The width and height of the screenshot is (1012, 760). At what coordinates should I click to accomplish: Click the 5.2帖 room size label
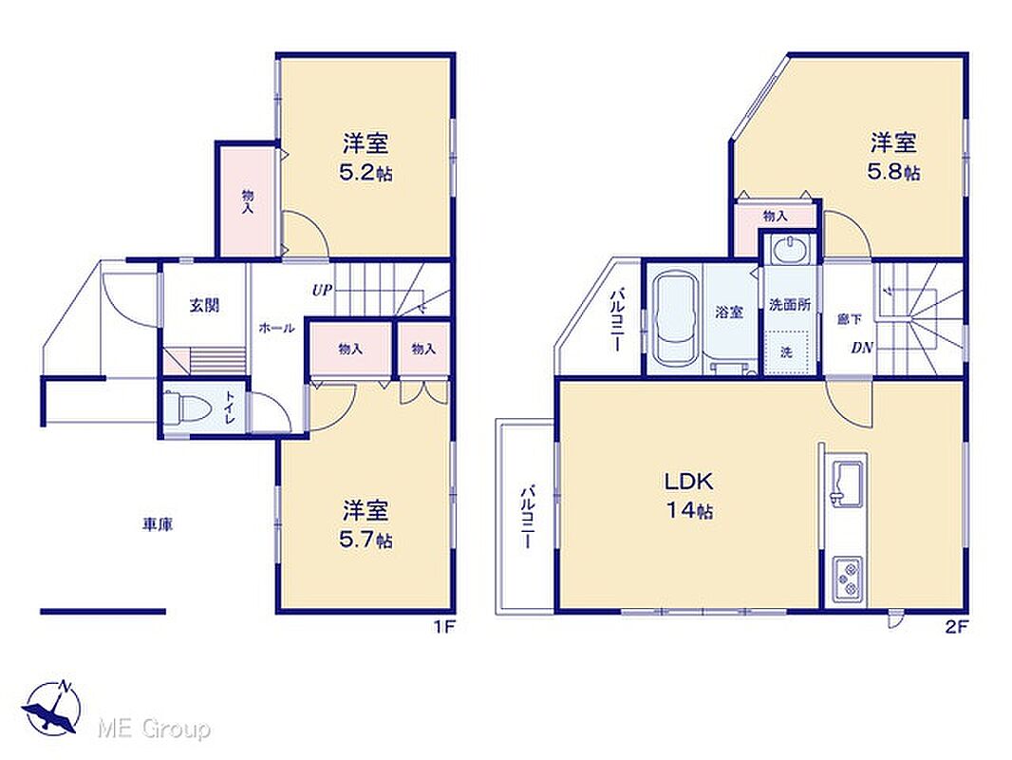[x=365, y=173]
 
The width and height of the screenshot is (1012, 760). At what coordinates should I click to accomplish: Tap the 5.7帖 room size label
[x=365, y=540]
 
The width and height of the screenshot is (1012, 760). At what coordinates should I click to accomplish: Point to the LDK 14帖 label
[x=689, y=495]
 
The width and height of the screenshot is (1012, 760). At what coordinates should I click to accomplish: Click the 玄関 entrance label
[x=205, y=305]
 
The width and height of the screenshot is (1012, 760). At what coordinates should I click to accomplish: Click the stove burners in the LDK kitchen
[x=848, y=578]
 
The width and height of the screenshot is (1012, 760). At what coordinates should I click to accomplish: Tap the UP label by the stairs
[x=322, y=291]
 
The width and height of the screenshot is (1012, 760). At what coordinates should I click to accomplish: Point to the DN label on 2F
[x=862, y=348]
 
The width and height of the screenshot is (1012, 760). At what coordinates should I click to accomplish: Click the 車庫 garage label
[x=158, y=525]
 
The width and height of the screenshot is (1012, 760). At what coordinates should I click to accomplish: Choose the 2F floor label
[x=958, y=626]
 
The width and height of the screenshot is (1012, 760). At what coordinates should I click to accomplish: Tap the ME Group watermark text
[x=154, y=729]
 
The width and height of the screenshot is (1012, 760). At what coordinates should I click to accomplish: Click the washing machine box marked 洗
[x=786, y=351]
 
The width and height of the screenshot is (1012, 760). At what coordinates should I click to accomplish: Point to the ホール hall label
[x=277, y=328]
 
